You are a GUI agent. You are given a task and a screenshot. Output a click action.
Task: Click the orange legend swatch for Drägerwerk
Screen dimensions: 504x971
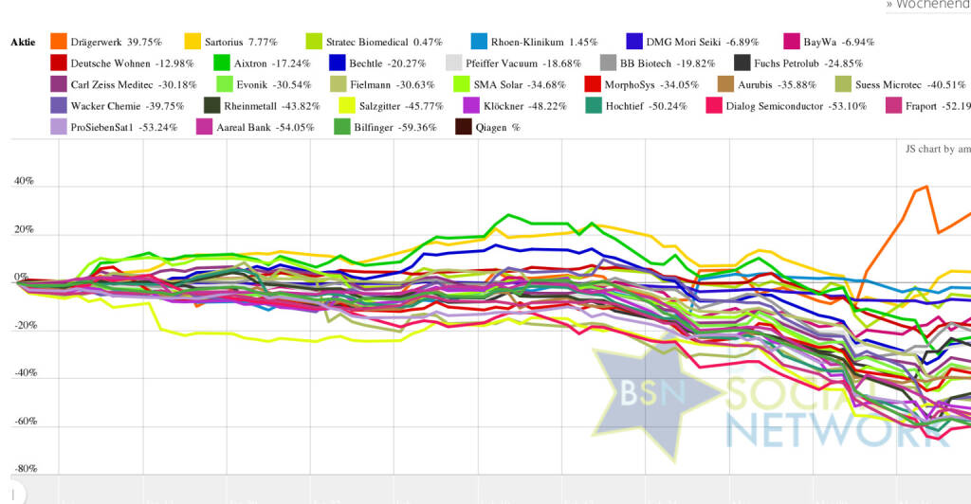58,42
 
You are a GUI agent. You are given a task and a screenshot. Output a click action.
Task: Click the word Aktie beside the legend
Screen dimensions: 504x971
23,43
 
